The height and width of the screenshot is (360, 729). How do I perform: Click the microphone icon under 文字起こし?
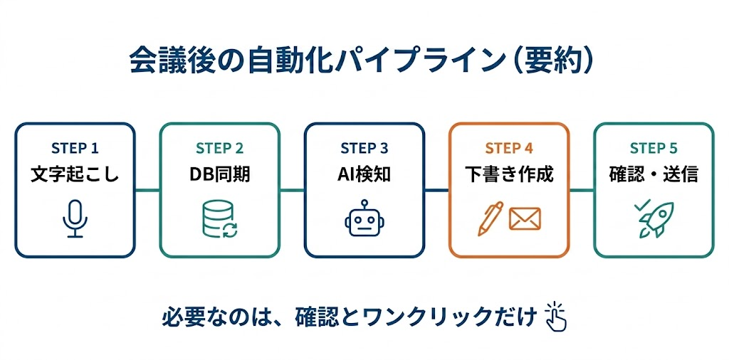(x=75, y=220)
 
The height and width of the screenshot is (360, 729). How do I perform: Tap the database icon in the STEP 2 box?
(x=220, y=219)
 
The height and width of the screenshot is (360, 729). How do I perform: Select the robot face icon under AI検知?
(x=364, y=218)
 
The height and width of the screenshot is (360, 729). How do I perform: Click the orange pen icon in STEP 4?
(x=490, y=218)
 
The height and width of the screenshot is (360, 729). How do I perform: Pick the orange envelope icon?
(x=525, y=219)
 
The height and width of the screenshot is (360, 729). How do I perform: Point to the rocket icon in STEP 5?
(x=654, y=218)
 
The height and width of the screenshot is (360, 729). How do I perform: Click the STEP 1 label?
(x=75, y=148)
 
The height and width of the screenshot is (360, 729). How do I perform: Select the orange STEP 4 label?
(x=509, y=148)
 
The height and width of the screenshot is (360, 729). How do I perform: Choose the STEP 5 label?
(x=654, y=148)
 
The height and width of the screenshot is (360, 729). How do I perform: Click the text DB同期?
(x=220, y=174)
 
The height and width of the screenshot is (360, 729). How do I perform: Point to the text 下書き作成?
(x=509, y=174)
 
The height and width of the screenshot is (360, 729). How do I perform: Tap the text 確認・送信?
(x=654, y=174)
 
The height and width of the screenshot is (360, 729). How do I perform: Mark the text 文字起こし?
(x=75, y=174)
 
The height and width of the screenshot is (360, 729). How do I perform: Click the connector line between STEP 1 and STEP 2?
(x=147, y=190)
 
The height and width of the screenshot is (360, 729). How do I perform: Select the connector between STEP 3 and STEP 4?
(x=436, y=190)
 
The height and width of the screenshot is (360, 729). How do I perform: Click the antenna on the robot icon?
(x=364, y=203)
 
